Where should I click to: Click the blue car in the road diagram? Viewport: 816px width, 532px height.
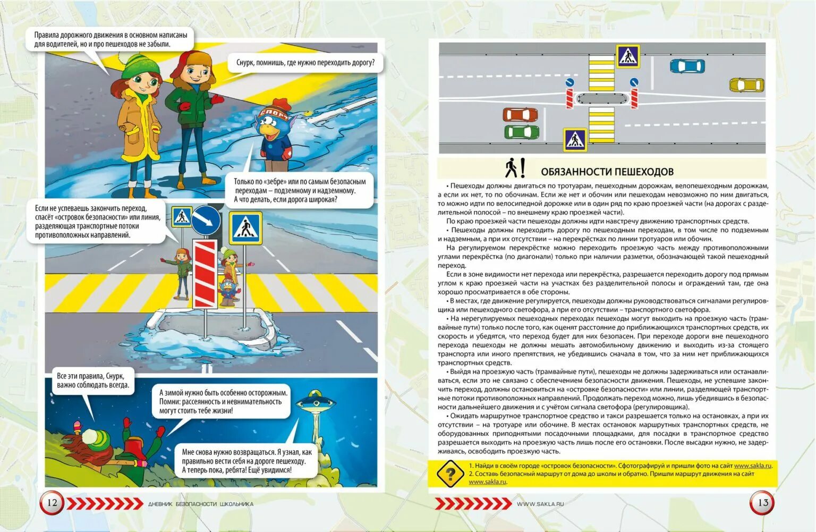tap(687, 66)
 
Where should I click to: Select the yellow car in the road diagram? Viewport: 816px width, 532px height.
tap(746, 85)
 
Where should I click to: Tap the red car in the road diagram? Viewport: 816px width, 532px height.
tap(520, 114)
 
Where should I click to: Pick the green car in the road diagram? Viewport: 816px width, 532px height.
tap(521, 132)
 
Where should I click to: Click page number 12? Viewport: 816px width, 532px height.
tap(52, 503)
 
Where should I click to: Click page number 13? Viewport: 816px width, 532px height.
tap(762, 503)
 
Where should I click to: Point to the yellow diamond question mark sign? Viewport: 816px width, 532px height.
tap(450, 473)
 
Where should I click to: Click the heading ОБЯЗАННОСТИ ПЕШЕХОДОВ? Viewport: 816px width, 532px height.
tap(607, 172)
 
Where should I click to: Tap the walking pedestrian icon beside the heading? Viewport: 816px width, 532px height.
tap(511, 168)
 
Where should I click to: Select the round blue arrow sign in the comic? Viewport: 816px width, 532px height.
tap(206, 220)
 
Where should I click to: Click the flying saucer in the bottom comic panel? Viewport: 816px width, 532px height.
tap(314, 402)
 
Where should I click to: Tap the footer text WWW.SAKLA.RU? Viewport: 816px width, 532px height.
tap(540, 504)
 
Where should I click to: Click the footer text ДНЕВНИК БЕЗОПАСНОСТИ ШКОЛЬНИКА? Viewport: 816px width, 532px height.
tap(200, 504)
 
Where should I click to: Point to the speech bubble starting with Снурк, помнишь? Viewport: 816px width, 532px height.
tap(305, 63)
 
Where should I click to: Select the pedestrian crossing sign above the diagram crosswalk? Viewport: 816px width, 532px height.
tap(627, 56)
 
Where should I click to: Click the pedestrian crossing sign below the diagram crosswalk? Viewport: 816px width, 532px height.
tap(575, 140)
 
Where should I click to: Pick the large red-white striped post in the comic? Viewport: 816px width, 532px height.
tap(205, 274)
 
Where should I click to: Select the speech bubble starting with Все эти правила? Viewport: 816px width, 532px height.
tap(93, 381)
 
